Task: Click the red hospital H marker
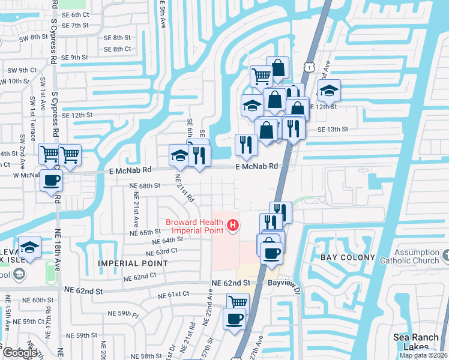(x=233, y=226)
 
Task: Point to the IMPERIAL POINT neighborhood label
(x=125, y=263)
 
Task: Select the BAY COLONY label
(x=348, y=257)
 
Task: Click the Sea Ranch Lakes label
(x=415, y=342)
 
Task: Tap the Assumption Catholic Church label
(x=409, y=256)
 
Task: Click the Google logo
(x=19, y=353)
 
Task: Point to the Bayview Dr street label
(x=283, y=281)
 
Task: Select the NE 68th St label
(x=146, y=186)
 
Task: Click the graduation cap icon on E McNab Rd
(x=179, y=155)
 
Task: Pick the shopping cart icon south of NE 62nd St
(x=238, y=302)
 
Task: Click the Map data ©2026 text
(x=423, y=355)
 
